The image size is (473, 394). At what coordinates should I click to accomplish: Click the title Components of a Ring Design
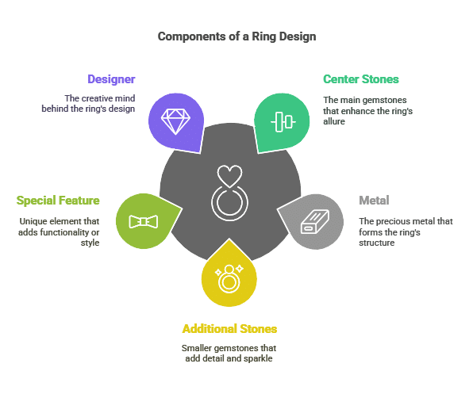click(x=236, y=36)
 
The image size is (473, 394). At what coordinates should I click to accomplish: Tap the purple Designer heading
click(x=111, y=79)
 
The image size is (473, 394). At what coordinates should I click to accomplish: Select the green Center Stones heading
click(x=361, y=79)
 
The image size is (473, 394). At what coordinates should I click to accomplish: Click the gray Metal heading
click(x=374, y=201)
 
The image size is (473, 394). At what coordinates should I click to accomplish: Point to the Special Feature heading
click(x=58, y=201)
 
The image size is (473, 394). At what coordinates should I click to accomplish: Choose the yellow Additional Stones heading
click(x=229, y=329)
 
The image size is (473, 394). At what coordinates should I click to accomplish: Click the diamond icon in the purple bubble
click(x=175, y=122)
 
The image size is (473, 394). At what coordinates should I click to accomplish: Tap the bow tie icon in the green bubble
click(x=144, y=222)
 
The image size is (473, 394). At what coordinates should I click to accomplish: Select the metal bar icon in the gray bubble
click(x=315, y=221)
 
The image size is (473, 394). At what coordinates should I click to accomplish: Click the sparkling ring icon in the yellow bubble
click(x=229, y=278)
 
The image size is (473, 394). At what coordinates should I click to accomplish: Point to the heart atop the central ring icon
click(x=229, y=176)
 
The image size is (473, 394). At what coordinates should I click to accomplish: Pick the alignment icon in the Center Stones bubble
click(x=283, y=122)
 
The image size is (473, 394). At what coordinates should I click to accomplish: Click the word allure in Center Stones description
click(x=334, y=121)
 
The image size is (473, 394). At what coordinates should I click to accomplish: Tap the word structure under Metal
click(x=376, y=243)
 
